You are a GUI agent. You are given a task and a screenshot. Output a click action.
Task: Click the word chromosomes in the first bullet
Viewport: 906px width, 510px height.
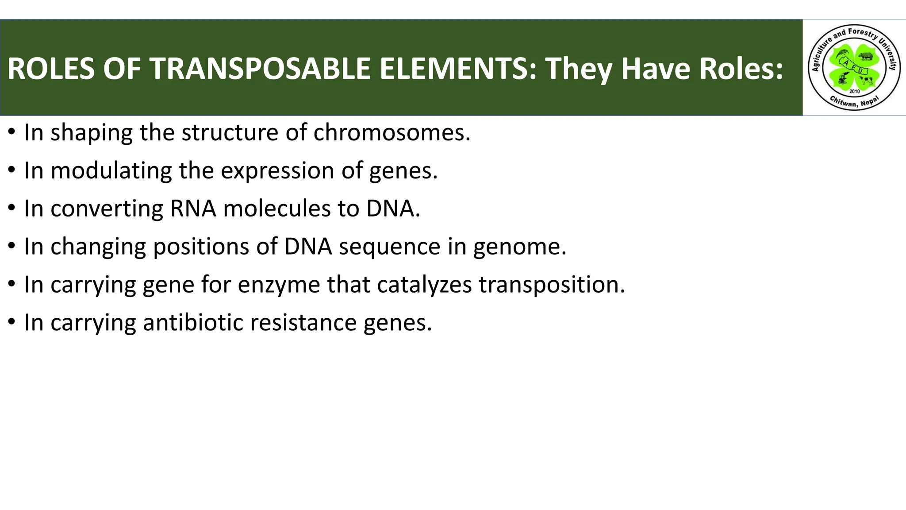pyautogui.click(x=392, y=132)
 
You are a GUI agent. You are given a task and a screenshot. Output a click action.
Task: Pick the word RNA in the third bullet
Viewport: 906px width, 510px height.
pyautogui.click(x=193, y=209)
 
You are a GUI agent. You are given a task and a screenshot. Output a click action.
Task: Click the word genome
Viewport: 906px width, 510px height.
pyautogui.click(x=520, y=247)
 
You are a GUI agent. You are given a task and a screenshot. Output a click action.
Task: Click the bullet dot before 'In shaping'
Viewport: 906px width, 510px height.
pyautogui.click(x=12, y=132)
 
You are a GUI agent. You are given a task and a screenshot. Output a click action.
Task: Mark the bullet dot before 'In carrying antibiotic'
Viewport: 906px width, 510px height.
pyautogui.click(x=12, y=322)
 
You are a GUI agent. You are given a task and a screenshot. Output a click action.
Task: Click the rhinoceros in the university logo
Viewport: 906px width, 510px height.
pyautogui.click(x=865, y=56)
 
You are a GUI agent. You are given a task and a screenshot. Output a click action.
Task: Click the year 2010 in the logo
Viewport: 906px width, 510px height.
pyautogui.click(x=854, y=91)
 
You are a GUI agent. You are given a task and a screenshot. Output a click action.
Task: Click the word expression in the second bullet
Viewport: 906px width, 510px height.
pyautogui.click(x=277, y=170)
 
